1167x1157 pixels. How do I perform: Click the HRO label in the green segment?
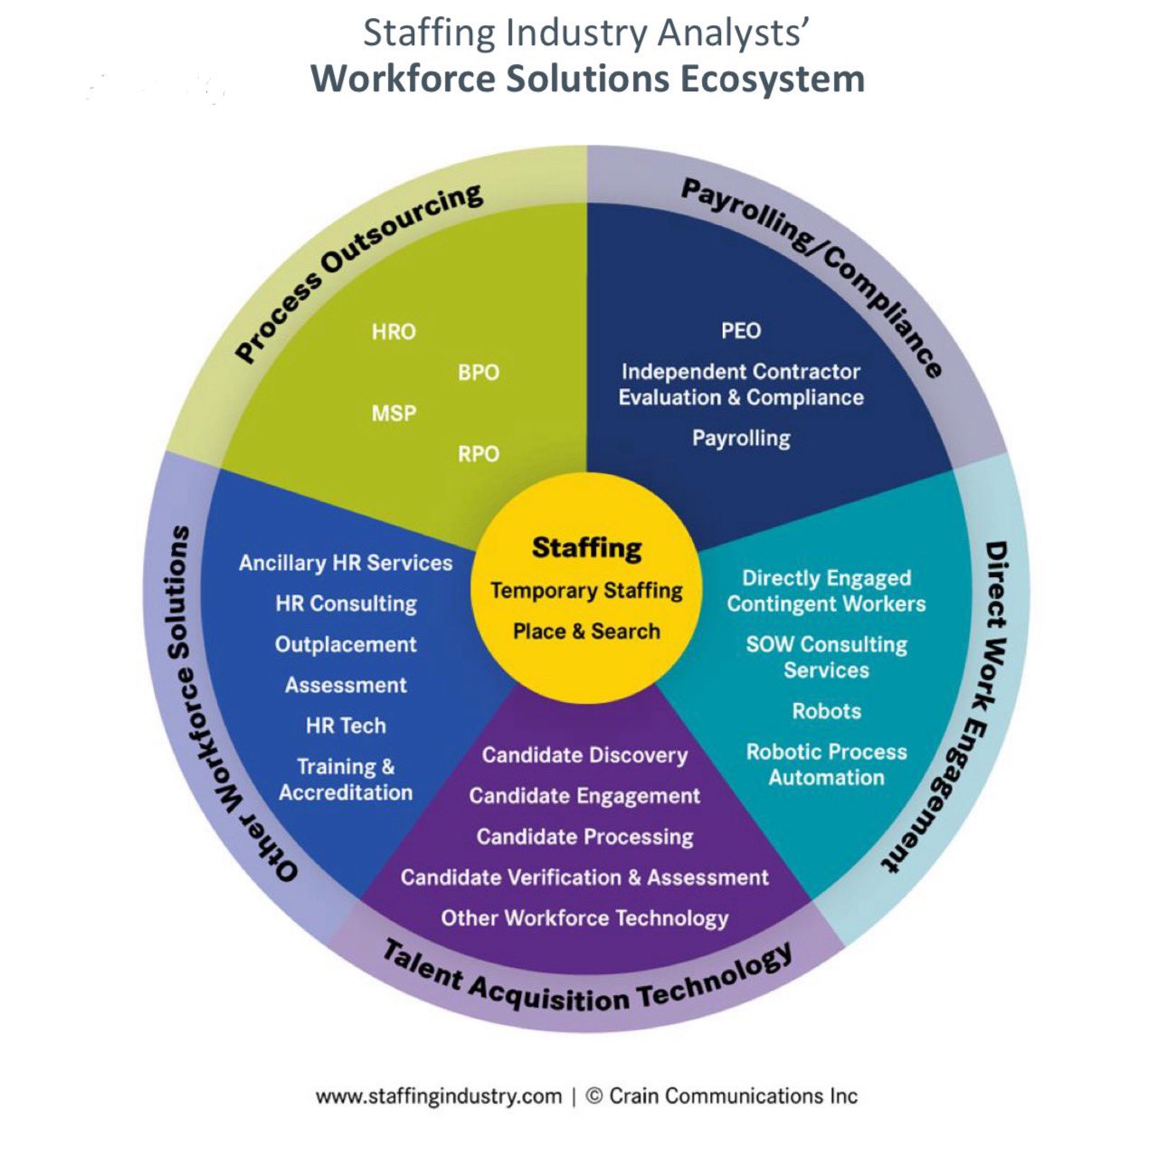tap(394, 332)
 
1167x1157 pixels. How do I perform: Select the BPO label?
tap(479, 373)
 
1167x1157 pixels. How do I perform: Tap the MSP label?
tap(394, 413)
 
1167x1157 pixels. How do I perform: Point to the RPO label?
tap(479, 454)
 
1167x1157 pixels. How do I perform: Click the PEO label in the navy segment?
tap(741, 331)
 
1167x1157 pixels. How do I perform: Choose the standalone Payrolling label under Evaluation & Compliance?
tap(741, 439)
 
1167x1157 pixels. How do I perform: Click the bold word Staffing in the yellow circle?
tap(586, 547)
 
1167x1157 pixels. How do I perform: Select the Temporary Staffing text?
tap(586, 591)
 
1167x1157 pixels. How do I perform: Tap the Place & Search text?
tap(586, 631)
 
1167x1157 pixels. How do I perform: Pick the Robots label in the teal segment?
tap(826, 711)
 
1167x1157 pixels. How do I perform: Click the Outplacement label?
tap(346, 645)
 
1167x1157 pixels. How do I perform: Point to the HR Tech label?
tap(346, 725)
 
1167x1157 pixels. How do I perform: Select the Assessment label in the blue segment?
tap(346, 686)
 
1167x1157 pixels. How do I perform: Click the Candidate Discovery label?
tap(584, 755)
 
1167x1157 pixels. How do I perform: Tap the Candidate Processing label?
tap(584, 837)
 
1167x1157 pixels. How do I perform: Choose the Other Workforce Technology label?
tap(584, 918)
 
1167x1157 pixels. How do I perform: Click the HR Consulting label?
tap(346, 603)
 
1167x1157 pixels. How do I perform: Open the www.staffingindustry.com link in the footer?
tap(439, 1096)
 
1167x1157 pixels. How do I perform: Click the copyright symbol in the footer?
tap(594, 1096)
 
